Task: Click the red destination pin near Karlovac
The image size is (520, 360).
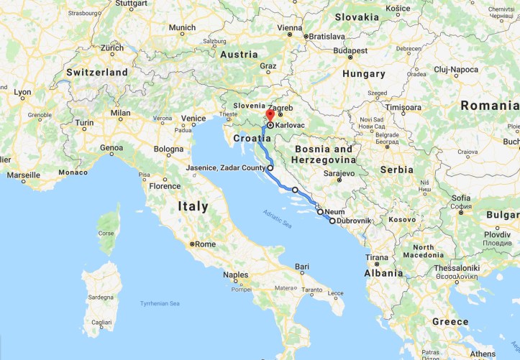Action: pos(270,115)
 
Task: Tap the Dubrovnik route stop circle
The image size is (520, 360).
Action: pos(332,221)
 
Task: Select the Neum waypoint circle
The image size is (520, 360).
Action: pos(320,212)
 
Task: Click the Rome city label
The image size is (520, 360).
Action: pos(205,244)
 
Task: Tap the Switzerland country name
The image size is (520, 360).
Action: pos(97,73)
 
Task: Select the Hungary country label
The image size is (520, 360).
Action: pos(364,73)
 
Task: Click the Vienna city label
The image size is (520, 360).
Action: pos(290,28)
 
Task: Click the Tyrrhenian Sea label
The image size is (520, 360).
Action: pos(160,304)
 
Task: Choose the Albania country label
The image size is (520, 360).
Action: pos(383,273)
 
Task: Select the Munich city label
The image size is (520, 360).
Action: pos(182,28)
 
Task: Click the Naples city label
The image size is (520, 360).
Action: pos(235,274)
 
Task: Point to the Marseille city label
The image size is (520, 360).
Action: pos(24,175)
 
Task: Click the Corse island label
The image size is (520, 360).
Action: pos(106,234)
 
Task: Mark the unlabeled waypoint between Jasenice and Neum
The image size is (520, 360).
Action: pos(295,190)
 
